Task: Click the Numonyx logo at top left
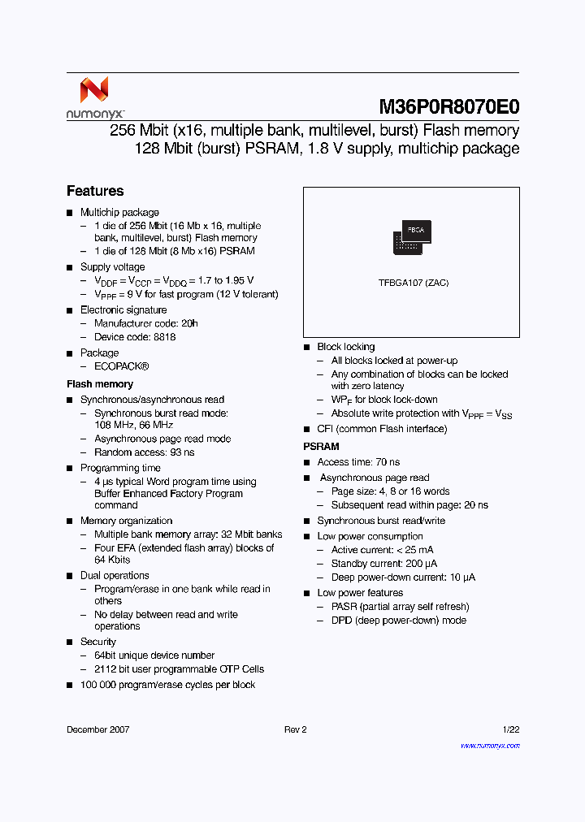pyautogui.click(x=94, y=98)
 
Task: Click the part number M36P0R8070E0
pyautogui.click(x=448, y=107)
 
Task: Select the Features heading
pyautogui.click(x=95, y=192)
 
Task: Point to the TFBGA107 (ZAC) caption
pyautogui.click(x=413, y=283)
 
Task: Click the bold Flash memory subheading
pyautogui.click(x=100, y=384)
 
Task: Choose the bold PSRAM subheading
pyautogui.click(x=321, y=447)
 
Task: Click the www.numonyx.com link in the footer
pyautogui.click(x=489, y=745)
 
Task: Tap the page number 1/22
pyautogui.click(x=509, y=729)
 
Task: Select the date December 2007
pyautogui.click(x=97, y=729)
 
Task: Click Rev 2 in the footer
pyautogui.click(x=296, y=729)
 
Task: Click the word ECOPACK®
pyautogui.click(x=121, y=366)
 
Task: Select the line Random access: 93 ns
pyautogui.click(x=144, y=452)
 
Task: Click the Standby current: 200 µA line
pyautogui.click(x=384, y=564)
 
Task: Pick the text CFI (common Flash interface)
pyautogui.click(x=382, y=429)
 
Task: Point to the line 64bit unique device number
pyautogui.click(x=154, y=655)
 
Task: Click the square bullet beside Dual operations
pyautogui.click(x=70, y=576)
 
